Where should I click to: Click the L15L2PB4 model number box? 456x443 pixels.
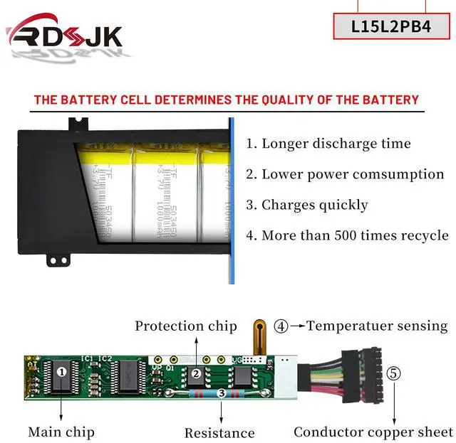pos(391,26)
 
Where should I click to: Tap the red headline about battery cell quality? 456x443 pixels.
pos(227,100)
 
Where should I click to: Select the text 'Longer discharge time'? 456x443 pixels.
pos(328,144)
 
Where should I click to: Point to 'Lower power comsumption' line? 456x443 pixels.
pos(345,174)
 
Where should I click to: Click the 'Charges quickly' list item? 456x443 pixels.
pos(307,205)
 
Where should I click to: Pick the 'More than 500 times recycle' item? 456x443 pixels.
pos(347,235)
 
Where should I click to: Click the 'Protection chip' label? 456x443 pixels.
pos(186,326)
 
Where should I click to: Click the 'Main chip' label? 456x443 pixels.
pos(61,432)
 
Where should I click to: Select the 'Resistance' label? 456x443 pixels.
pos(219,432)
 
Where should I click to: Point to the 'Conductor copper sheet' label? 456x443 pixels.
pos(373,432)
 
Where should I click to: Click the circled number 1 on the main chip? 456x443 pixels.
pos(62,371)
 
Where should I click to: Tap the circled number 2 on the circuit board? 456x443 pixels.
pos(195,373)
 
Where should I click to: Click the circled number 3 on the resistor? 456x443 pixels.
pos(222,392)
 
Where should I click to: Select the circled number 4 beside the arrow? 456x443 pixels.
pos(281,327)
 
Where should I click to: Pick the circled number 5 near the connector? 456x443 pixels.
pos(394,373)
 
